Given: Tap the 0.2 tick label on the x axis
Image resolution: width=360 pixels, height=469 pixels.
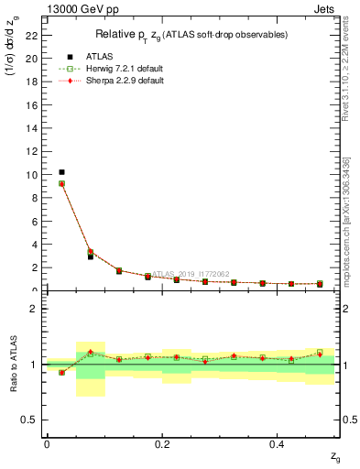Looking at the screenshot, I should (162, 444).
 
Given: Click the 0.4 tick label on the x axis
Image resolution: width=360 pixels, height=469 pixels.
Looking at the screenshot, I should (277, 444).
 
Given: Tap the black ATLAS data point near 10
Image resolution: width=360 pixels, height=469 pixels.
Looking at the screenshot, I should (61, 172).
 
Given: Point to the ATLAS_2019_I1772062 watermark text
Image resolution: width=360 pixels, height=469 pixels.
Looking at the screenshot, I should (193, 273).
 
